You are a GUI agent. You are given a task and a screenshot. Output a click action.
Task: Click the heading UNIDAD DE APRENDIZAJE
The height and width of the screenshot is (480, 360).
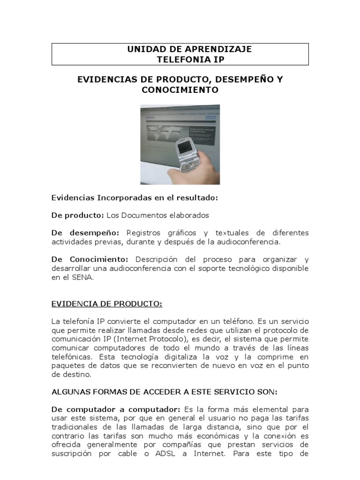[180, 49]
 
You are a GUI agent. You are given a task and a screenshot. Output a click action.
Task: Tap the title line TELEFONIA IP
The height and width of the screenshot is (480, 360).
[180, 60]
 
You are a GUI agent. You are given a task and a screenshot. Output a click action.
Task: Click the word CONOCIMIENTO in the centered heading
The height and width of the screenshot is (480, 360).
[180, 90]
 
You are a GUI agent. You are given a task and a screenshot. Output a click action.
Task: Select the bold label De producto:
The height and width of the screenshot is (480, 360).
[77, 215]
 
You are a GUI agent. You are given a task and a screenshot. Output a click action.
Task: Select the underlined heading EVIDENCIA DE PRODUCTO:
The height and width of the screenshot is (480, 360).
[106, 304]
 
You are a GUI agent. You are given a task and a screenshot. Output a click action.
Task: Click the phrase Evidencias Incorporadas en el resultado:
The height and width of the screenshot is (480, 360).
[135, 198]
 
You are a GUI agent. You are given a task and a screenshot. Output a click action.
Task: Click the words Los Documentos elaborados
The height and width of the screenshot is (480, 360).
[157, 215]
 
